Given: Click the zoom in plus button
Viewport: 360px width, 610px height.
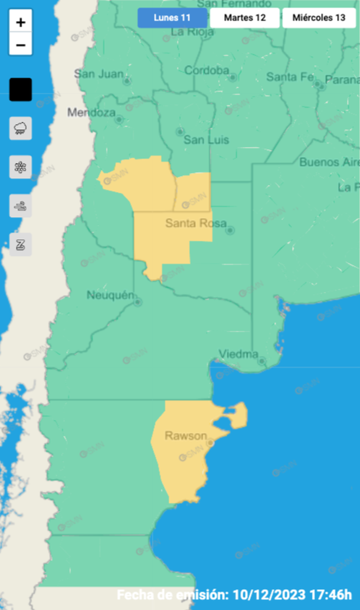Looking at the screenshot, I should [21, 22].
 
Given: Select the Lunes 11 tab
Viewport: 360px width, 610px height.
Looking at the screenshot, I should [172, 18].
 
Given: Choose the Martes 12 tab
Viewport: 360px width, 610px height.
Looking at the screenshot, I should [244, 18].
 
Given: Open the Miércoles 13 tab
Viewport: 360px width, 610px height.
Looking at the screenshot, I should [319, 18].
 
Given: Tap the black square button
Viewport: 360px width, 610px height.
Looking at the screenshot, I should [21, 90].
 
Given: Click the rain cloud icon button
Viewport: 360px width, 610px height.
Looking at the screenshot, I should [21, 128].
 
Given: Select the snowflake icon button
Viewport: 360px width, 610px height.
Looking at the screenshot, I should [21, 167].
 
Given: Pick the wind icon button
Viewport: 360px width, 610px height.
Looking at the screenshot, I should [21, 206].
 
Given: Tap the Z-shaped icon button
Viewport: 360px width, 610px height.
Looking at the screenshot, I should [21, 244].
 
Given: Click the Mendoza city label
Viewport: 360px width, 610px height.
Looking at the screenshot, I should [91, 112].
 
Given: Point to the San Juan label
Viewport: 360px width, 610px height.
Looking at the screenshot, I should [99, 74].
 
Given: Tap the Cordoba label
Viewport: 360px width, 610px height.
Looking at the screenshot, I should [207, 71].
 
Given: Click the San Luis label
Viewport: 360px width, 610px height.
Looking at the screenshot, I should [206, 140].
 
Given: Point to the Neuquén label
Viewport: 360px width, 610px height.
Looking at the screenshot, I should [110, 295].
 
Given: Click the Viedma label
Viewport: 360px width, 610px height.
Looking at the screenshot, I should [238, 355].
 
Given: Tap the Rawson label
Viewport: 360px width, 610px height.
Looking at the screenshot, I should [185, 437].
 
